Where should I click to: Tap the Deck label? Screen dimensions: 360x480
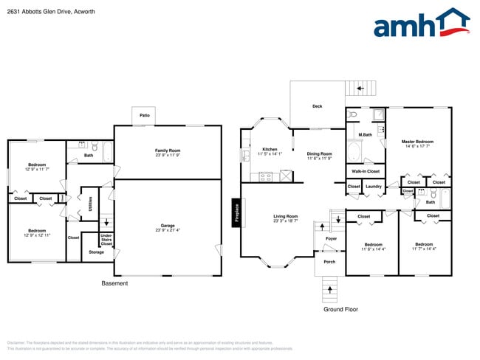(x=317, y=106)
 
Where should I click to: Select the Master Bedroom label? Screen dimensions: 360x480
(x=417, y=142)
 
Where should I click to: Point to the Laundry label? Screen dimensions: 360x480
(x=373, y=187)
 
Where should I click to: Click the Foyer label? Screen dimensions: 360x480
(x=331, y=239)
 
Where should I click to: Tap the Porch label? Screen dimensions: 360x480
(x=329, y=262)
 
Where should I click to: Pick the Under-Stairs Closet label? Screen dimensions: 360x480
(x=106, y=239)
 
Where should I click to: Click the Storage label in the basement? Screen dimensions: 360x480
(x=96, y=252)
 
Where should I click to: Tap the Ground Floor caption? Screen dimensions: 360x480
(x=340, y=309)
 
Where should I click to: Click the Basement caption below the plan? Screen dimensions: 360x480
(x=114, y=283)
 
